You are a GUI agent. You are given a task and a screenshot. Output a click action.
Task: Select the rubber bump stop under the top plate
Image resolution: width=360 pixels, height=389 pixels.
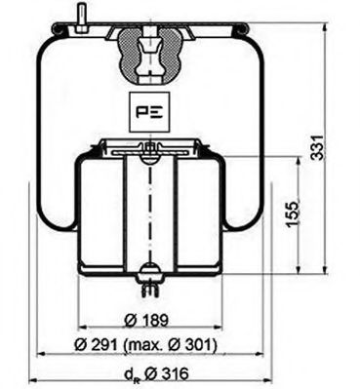tap(149, 58)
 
